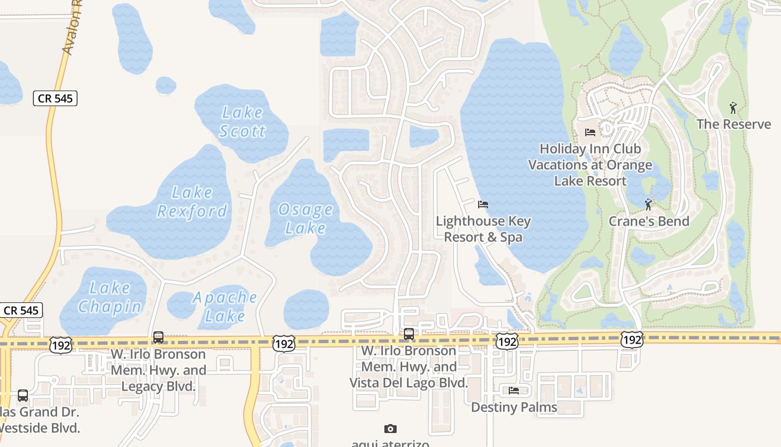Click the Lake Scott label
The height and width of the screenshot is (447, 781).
(242, 121)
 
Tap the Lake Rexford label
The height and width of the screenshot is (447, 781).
(192, 202)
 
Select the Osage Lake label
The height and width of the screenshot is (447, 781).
(306, 218)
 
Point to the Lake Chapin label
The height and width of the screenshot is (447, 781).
(110, 297)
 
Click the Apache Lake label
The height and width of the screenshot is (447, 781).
(225, 306)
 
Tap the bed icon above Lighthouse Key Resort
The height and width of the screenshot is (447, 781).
(483, 205)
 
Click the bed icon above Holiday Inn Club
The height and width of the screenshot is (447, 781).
(590, 132)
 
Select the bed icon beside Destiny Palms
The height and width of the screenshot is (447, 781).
(514, 391)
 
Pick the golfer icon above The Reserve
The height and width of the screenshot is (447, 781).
(733, 107)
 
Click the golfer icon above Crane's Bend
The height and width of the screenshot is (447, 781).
(648, 205)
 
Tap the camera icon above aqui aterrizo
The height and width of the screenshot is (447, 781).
(390, 429)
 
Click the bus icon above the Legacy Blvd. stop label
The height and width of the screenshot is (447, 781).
(158, 337)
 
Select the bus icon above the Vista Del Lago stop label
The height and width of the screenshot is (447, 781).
(409, 335)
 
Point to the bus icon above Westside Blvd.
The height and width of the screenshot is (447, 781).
(23, 396)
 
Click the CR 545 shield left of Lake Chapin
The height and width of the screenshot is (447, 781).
(22, 310)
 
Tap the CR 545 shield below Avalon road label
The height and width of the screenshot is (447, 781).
(55, 98)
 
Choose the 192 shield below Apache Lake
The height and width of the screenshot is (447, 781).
(284, 344)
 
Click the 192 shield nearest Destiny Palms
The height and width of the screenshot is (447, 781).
(507, 341)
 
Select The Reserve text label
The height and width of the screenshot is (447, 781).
(734, 124)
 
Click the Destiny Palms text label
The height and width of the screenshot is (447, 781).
(514, 407)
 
